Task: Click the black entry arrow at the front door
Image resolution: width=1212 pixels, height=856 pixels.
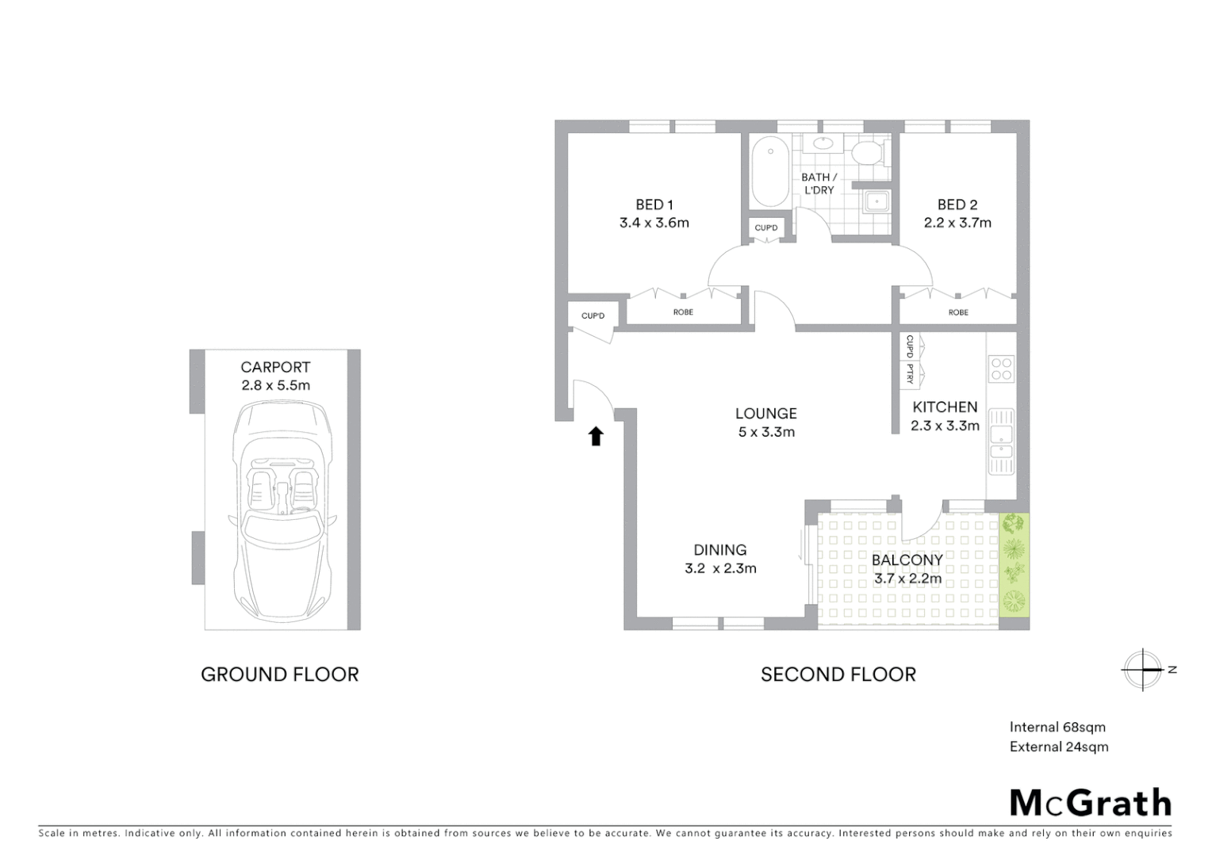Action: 596,436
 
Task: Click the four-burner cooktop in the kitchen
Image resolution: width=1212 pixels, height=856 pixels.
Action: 1001,369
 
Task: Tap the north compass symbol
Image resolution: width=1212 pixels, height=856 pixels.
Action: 1142,670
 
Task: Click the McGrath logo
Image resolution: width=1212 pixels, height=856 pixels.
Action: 1090,802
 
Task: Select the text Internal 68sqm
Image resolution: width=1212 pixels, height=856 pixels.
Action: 1057,727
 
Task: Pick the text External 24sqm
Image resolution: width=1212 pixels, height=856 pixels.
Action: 1058,747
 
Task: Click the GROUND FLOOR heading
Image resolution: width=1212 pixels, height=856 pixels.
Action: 279,674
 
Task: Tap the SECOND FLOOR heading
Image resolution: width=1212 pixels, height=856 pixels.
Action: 838,674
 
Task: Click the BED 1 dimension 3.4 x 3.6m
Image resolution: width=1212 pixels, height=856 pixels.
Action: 654,223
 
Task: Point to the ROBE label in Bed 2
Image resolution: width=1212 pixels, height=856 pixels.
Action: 957,312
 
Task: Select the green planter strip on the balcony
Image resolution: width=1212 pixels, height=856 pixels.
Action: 1014,565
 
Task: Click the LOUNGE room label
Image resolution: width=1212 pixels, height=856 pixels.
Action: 765,413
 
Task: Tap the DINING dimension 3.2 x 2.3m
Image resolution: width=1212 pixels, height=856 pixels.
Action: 719,568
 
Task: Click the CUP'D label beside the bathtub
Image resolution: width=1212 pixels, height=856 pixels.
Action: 766,228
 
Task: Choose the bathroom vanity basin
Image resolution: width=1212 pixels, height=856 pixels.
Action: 823,144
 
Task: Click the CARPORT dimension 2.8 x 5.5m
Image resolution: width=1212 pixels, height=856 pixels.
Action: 275,386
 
